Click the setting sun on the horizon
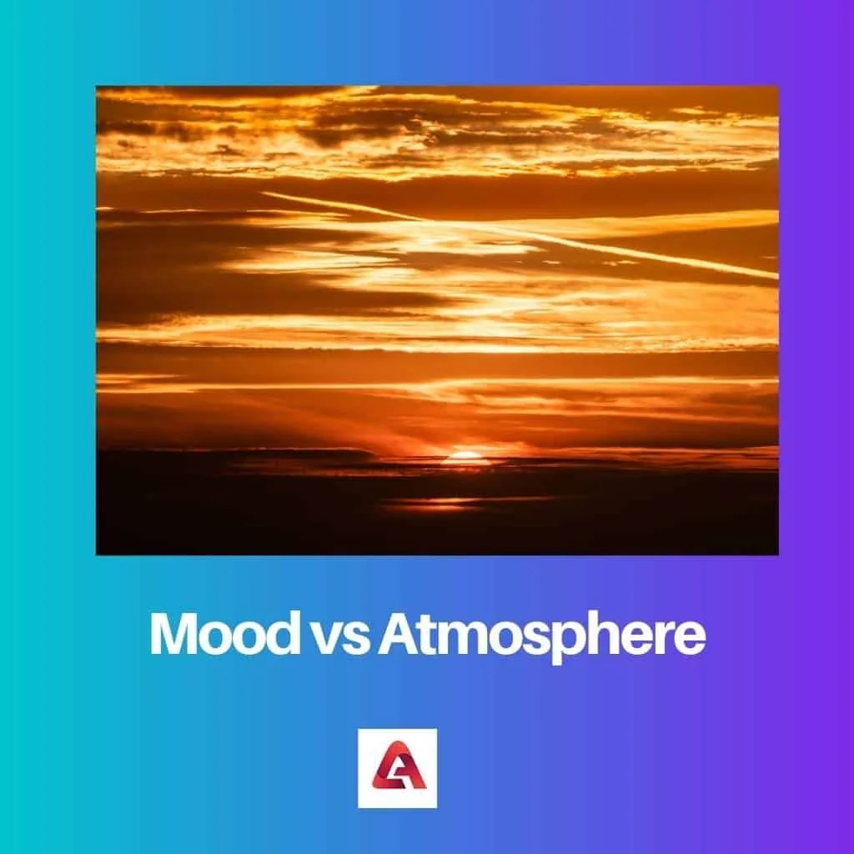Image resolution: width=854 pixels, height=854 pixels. tap(465, 457)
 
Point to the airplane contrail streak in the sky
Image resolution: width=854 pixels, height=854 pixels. tap(517, 234)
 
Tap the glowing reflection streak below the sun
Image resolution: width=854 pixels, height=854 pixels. tap(442, 504)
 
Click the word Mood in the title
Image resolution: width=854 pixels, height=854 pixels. tap(223, 635)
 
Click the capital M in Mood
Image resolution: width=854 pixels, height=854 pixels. tap(173, 635)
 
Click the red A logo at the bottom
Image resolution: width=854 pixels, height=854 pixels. tap(397, 768)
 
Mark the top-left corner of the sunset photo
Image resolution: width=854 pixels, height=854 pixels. tap(97, 87)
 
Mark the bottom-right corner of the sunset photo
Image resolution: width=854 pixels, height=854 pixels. tap(778, 554)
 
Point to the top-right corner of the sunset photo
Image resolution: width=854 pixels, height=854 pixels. tap(778, 87)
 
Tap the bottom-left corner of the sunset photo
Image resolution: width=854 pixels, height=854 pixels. tap(97, 554)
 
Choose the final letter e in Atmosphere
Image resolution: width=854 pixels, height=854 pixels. tap(691, 639)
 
